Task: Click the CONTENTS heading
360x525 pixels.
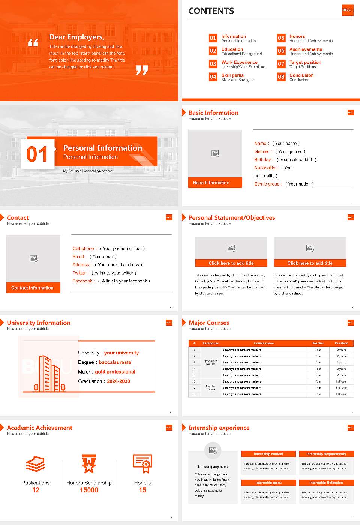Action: [x=211, y=11]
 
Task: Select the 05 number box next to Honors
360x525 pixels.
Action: [x=281, y=38]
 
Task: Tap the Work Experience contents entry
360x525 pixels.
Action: [x=239, y=62]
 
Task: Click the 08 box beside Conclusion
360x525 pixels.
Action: [x=281, y=77]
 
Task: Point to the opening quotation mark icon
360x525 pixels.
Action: [x=33, y=43]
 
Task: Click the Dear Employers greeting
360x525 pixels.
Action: [x=76, y=37]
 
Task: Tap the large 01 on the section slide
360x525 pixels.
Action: [x=37, y=154]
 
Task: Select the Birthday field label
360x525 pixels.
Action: [x=262, y=160]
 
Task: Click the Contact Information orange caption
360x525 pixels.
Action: [x=33, y=288]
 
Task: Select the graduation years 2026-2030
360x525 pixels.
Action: [x=118, y=381]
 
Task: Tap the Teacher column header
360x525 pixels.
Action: [x=318, y=343]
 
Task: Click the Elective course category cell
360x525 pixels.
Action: [x=210, y=388]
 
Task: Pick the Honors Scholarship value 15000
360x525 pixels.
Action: [x=89, y=490]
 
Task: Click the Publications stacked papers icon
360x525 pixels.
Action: [x=36, y=464]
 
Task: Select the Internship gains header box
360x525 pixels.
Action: [x=268, y=483]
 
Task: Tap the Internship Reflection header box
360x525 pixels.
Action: [x=326, y=483]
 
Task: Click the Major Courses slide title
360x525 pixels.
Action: [x=209, y=323]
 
